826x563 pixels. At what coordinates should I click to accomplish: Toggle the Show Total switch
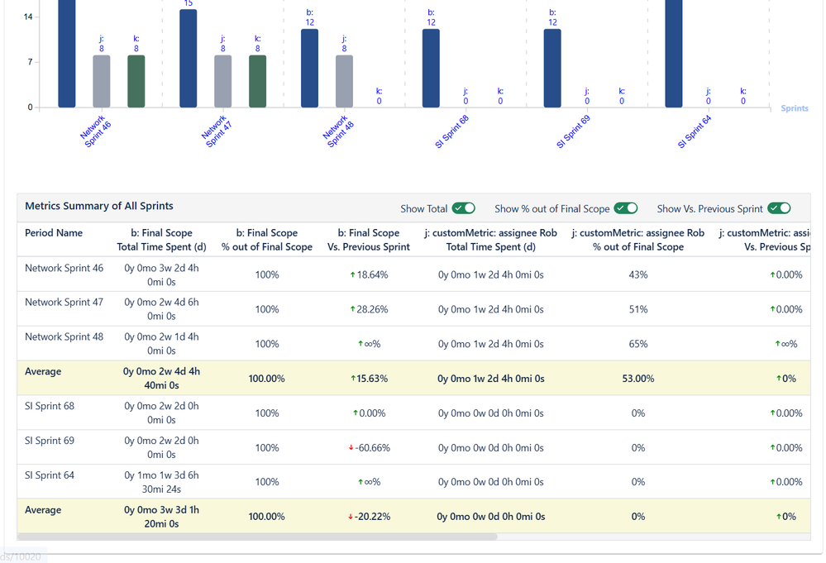tap(464, 208)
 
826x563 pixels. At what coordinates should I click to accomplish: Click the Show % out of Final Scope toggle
tap(626, 208)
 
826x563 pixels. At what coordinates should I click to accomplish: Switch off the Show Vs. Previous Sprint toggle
tap(779, 208)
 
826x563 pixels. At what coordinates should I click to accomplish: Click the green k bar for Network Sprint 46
tap(136, 81)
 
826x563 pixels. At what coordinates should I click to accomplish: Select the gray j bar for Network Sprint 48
tap(344, 81)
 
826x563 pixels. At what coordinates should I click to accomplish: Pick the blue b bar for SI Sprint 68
tap(431, 69)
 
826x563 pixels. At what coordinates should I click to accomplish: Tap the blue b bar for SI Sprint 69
tap(552, 69)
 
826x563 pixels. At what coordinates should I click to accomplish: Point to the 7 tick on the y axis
tap(30, 62)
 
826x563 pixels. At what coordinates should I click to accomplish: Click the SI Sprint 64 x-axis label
tap(695, 131)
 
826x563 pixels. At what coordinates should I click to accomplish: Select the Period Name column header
tap(54, 233)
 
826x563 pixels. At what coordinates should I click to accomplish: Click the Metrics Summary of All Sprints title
tap(99, 206)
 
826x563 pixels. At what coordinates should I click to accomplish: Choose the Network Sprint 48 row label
tap(64, 336)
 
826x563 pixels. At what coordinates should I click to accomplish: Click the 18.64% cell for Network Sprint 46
tap(369, 274)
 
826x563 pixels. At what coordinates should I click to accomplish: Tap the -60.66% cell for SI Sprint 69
tap(369, 447)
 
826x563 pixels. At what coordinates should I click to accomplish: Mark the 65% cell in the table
tap(637, 343)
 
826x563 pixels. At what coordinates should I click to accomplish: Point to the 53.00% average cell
tap(637, 379)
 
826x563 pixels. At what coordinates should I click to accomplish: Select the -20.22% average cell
tap(369, 517)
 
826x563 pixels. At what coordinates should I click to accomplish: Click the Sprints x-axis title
tap(794, 108)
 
